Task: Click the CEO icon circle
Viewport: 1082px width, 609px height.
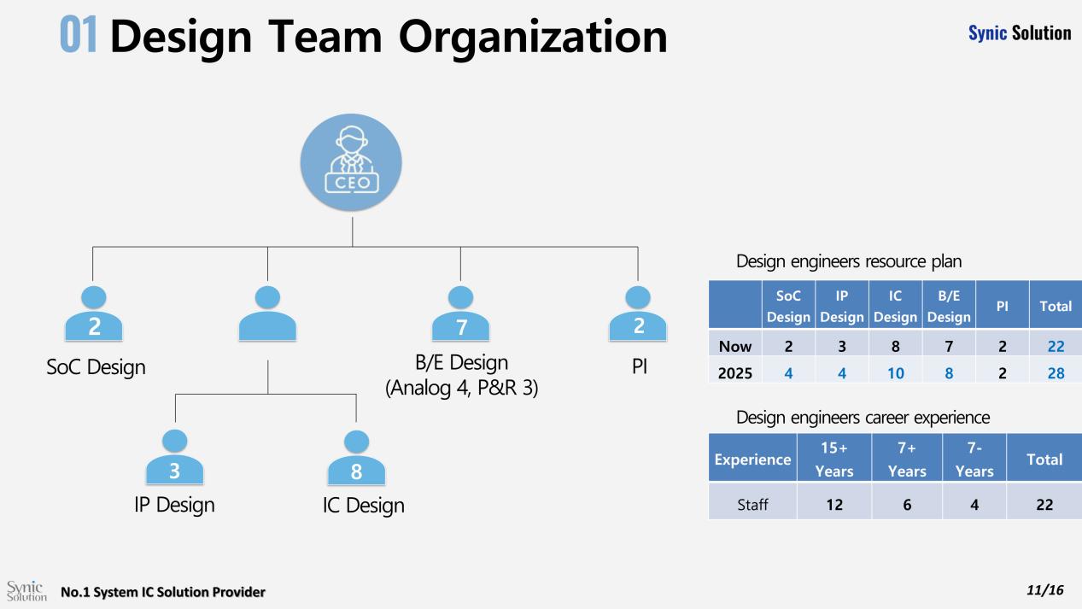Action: (352, 161)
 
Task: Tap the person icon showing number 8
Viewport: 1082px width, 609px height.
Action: (356, 458)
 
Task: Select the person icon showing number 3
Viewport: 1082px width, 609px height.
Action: (175, 458)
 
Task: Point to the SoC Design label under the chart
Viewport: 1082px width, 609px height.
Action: (95, 367)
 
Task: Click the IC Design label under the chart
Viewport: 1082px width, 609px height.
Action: (363, 505)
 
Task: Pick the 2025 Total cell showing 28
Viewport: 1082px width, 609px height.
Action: (1055, 372)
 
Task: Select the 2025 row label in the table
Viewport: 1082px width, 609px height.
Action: (734, 372)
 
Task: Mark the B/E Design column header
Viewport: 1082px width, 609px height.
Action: (949, 305)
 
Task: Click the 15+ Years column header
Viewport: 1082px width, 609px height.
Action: (833, 459)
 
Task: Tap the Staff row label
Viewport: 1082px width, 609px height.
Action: (752, 505)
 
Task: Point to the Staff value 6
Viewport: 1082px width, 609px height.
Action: (906, 505)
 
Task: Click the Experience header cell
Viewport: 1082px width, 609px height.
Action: (752, 459)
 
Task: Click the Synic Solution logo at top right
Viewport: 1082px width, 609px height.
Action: (1019, 32)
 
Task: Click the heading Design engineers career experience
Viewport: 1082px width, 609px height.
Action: (863, 418)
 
